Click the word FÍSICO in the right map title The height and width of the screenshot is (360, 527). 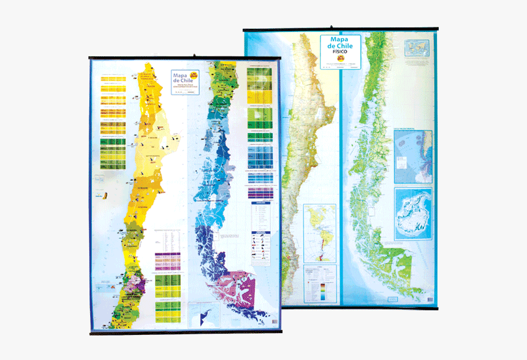pos(340,52)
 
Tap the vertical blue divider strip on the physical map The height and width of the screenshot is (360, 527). pos(341,184)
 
